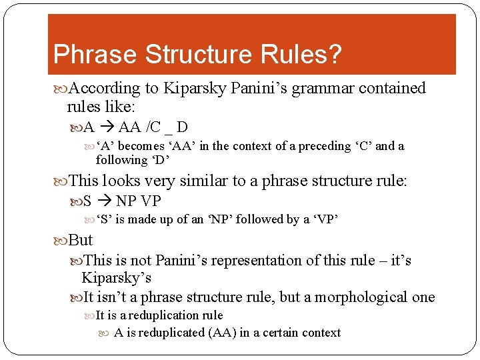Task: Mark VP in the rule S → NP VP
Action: point(151,201)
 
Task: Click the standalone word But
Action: point(81,240)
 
